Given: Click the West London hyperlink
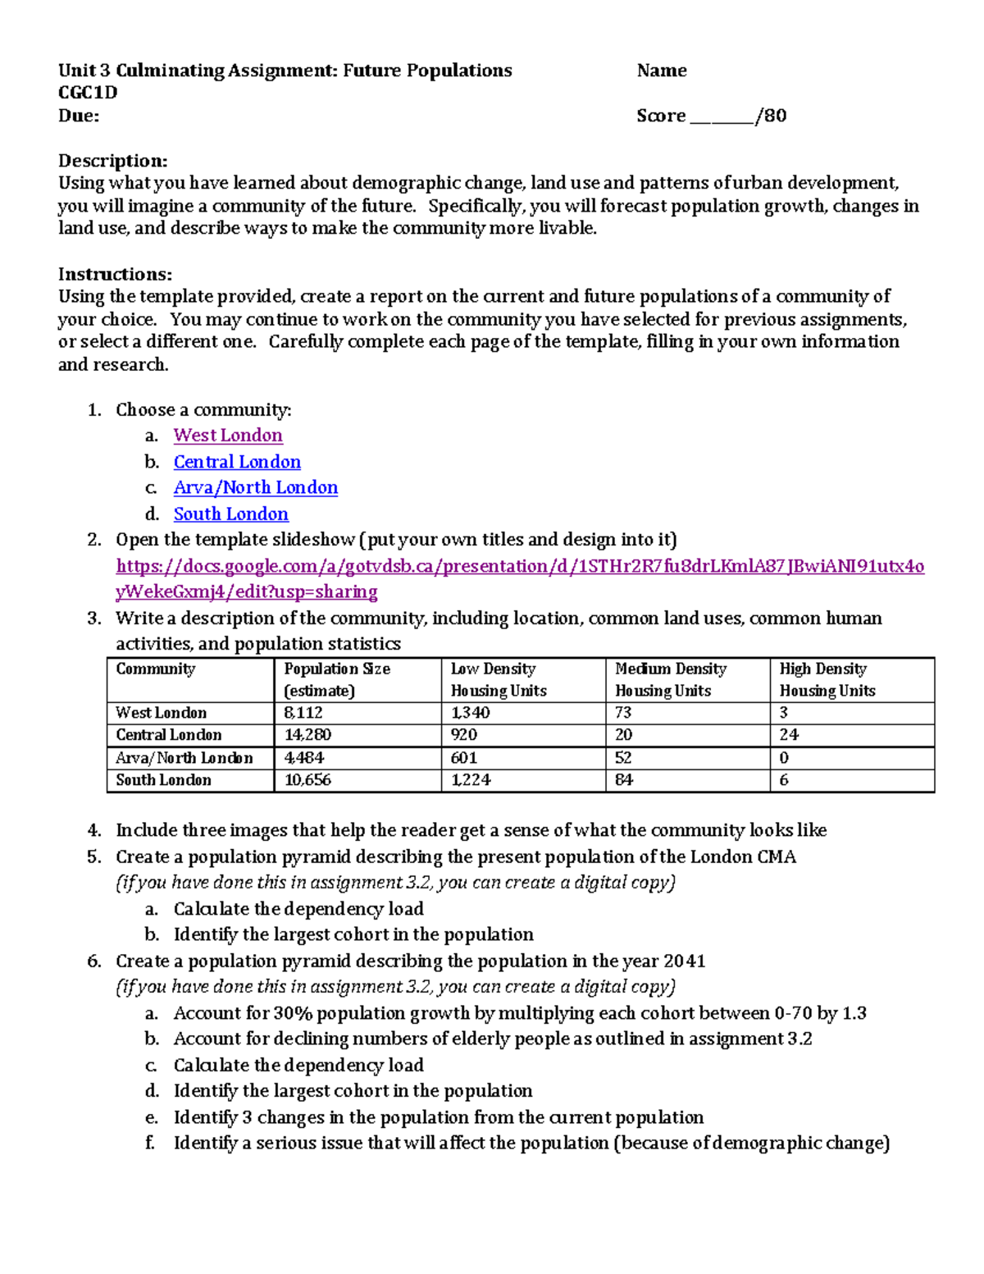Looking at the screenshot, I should (x=228, y=436).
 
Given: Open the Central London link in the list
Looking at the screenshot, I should (x=237, y=462).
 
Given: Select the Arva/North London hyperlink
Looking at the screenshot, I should (x=255, y=488).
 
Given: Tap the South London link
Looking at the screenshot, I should (x=230, y=514).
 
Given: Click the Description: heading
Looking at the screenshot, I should (x=112, y=161).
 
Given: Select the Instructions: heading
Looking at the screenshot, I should (x=115, y=274).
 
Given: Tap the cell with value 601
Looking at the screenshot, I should (x=464, y=758).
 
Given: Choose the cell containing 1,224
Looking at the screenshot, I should (x=471, y=780).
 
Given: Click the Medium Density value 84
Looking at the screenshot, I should (x=624, y=780).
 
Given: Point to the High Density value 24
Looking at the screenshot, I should (x=789, y=735).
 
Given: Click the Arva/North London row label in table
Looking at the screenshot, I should (x=184, y=758).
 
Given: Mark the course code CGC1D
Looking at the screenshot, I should (x=87, y=93).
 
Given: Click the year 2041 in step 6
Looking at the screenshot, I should (x=684, y=961).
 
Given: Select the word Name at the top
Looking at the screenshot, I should (x=661, y=71).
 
